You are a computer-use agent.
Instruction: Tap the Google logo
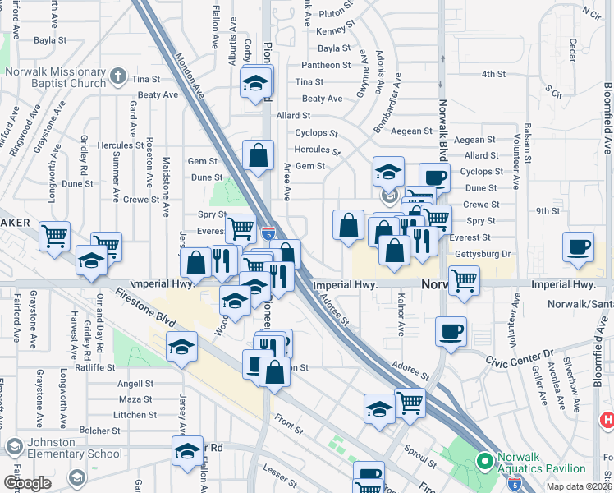(27, 483)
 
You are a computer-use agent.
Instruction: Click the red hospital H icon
(607, 420)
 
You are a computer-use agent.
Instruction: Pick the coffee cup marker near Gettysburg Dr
(579, 246)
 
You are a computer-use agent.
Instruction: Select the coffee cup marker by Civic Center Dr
(451, 331)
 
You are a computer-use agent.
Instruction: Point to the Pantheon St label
(325, 65)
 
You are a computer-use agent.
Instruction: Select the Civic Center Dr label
(519, 359)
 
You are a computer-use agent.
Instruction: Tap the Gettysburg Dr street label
(483, 255)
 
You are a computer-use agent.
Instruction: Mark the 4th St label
(493, 74)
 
